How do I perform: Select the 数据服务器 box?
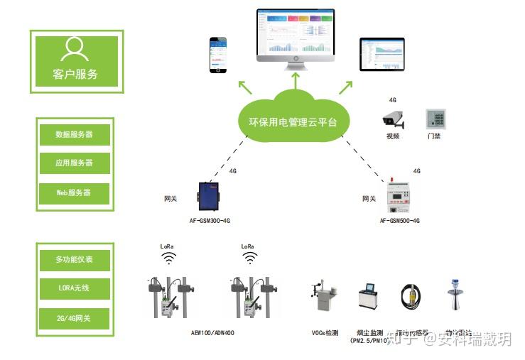75,134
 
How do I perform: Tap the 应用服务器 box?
75,163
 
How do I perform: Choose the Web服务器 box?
75,192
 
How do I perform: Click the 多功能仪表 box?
75,259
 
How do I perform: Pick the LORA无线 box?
75,288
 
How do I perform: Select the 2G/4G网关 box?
75,317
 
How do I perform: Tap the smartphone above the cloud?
217,55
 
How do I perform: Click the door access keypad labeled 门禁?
435,118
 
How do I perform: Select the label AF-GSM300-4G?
210,222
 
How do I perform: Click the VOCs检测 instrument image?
323,299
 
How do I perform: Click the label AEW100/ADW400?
212,333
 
